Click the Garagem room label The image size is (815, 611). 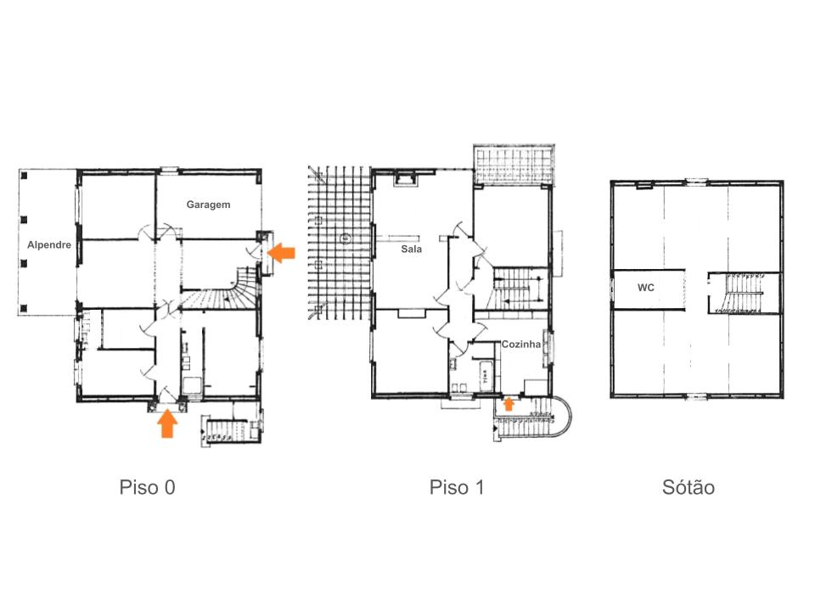(208, 205)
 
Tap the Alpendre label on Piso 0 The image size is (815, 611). (49, 244)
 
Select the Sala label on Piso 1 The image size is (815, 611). (411, 249)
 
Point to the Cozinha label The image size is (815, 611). (520, 344)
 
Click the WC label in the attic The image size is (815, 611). (645, 288)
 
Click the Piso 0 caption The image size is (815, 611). (147, 487)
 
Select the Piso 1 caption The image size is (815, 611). (457, 487)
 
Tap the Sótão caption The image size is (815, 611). (689, 487)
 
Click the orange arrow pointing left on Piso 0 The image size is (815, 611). (281, 253)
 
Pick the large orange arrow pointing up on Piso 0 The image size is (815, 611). (167, 423)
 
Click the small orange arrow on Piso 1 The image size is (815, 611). (509, 404)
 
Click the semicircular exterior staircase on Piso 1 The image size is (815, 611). (534, 418)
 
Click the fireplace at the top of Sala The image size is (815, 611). (406, 179)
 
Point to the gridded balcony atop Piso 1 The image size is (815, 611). (514, 165)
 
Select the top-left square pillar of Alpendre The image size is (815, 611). (24, 176)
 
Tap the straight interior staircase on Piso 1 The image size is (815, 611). (519, 289)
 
